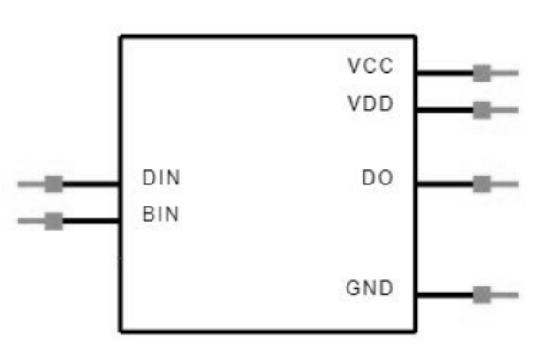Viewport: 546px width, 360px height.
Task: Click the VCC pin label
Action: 370,67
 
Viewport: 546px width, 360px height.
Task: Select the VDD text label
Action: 370,104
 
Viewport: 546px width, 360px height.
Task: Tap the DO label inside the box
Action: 378,178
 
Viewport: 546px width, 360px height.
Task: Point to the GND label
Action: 370,289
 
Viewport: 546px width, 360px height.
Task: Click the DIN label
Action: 161,178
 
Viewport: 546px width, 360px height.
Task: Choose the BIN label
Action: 161,214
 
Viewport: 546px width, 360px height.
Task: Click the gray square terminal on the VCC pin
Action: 482,74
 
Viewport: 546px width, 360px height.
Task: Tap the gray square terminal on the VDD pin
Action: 482,110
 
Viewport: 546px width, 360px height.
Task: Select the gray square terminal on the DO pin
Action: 482,184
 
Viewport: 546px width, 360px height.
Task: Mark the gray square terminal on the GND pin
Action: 482,294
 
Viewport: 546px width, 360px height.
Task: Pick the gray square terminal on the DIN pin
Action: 54,184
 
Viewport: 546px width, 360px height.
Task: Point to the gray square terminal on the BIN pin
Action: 54,220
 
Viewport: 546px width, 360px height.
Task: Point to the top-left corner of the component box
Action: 121,36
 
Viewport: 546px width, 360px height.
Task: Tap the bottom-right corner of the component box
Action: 416,332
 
